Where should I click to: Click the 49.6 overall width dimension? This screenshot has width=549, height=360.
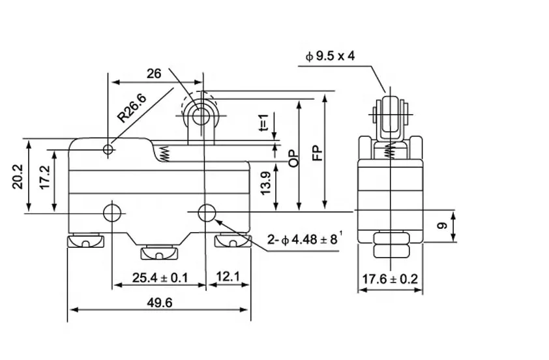point(159,303)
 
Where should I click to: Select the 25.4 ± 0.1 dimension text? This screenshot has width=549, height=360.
point(160,278)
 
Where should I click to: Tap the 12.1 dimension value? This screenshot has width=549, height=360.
point(228,277)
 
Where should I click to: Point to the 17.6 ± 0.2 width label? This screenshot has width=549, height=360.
point(390,279)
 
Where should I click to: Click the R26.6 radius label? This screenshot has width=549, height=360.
point(132,108)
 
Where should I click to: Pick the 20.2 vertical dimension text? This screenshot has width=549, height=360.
point(18,177)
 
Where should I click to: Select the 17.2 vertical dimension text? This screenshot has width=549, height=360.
point(45,177)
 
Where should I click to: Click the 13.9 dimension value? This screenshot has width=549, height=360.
point(266,183)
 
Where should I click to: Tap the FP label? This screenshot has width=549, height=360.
point(318,153)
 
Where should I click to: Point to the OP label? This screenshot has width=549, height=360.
point(294,158)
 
